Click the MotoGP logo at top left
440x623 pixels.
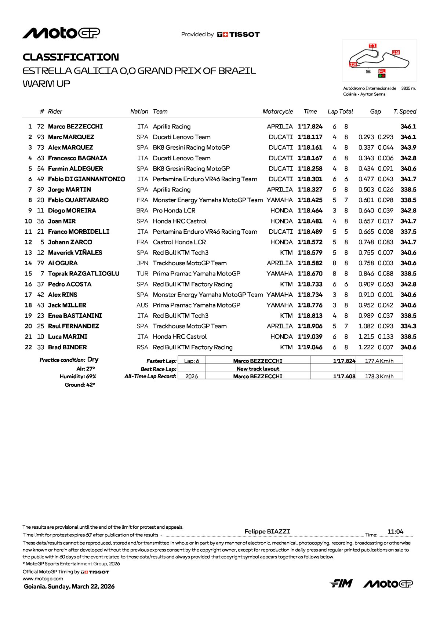pos(61,33)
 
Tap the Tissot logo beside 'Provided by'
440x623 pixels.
pos(239,34)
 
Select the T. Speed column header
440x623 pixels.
pos(405,112)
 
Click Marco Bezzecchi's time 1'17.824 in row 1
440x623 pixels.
pos(310,127)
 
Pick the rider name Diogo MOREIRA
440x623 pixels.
pos(72,211)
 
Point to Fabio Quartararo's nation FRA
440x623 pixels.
pos(142,200)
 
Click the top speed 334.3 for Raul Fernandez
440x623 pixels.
pos(408,326)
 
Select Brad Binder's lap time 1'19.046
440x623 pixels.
pos(310,347)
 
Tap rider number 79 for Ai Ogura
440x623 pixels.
pos(40,263)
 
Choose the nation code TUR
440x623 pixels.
pos(142,274)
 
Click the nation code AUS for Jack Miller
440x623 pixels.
pos(142,305)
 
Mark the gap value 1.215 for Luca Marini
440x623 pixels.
pos(366,336)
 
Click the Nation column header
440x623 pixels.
pos(139,112)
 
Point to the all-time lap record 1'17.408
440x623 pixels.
pos(344,376)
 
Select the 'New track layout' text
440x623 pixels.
pos(258,369)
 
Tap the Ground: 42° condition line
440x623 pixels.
pos(80,385)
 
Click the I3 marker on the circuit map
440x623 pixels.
pos(396,52)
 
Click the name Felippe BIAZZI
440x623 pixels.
pos(267,531)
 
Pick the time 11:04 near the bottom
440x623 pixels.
pos(395,532)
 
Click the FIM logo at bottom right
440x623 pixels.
pos(341,583)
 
